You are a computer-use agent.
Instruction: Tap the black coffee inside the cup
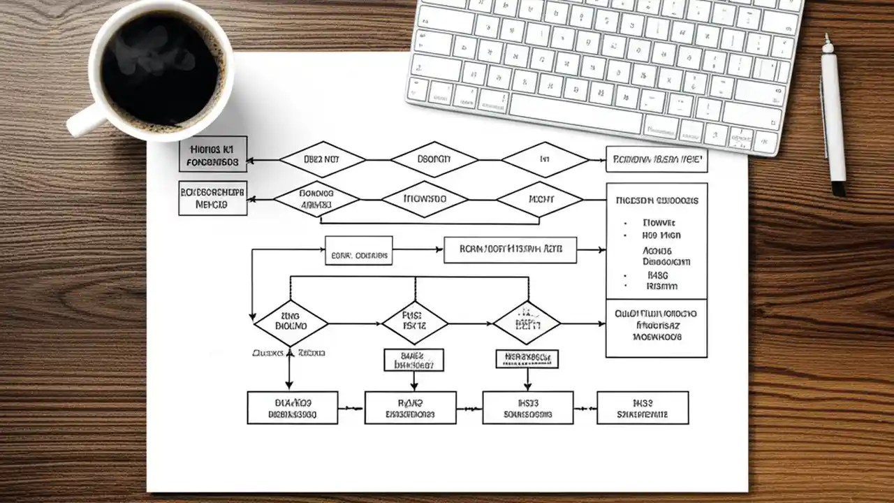(160, 70)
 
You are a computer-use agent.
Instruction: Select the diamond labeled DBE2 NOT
(322, 159)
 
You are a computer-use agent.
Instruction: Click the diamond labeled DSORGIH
(434, 159)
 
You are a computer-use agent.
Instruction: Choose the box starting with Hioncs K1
(213, 154)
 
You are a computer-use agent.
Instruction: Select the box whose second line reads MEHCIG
(212, 198)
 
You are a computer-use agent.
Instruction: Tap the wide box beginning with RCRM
(510, 249)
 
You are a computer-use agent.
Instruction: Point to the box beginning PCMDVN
(656, 159)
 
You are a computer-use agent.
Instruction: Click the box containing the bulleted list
(656, 241)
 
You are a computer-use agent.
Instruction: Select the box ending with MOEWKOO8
(656, 328)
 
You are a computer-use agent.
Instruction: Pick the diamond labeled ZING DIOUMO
(291, 323)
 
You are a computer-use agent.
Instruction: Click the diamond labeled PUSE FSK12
(414, 323)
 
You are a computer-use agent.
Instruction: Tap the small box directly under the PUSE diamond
(413, 360)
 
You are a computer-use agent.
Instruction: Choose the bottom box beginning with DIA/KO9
(292, 407)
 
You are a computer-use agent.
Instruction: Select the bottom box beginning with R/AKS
(410, 407)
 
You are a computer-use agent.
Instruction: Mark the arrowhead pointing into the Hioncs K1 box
(251, 160)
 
